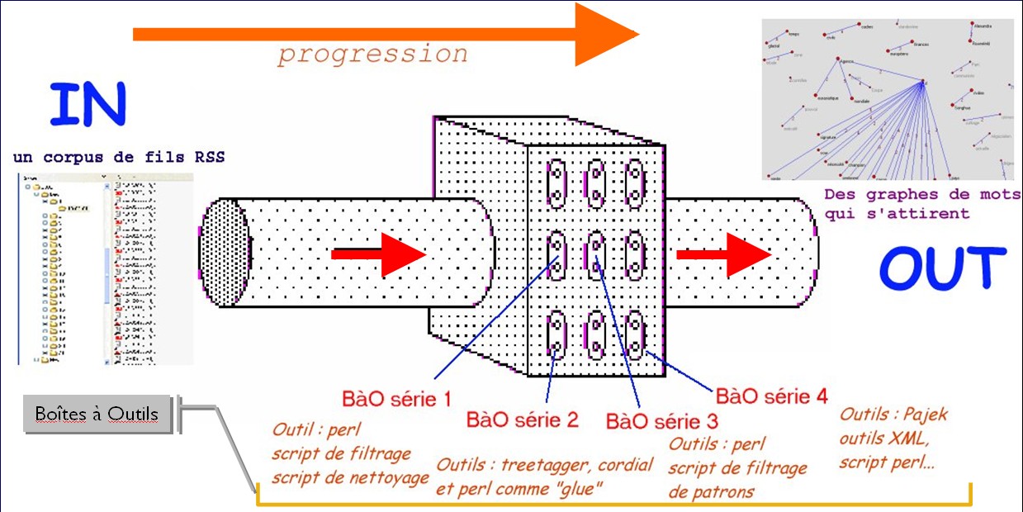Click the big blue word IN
(x=88, y=104)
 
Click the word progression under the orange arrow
(x=372, y=55)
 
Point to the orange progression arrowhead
(x=607, y=34)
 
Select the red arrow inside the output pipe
(x=723, y=255)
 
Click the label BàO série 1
(x=396, y=401)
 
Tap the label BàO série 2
(x=523, y=420)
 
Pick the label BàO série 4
(x=771, y=396)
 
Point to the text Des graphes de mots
(x=921, y=196)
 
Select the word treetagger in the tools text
(x=540, y=465)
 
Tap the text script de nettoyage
(x=350, y=477)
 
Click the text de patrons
(x=712, y=492)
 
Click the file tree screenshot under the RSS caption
(x=105, y=268)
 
